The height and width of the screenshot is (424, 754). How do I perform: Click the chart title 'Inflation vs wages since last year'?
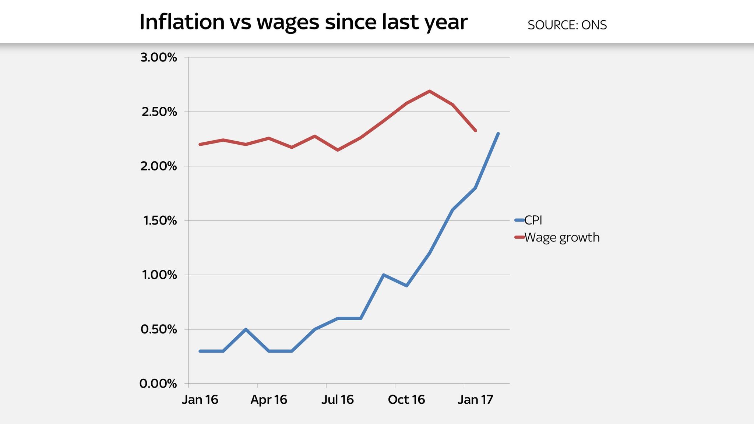[303, 22]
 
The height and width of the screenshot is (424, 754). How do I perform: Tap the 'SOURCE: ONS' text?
[567, 25]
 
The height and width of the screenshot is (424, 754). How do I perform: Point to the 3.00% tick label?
[159, 57]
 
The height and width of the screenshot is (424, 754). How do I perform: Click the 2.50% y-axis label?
[159, 112]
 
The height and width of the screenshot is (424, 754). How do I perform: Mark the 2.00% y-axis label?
[159, 166]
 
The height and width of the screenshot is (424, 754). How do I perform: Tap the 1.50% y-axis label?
[159, 220]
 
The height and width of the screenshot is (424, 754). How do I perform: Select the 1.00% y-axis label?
[159, 275]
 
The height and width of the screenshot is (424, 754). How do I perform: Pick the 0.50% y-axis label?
[159, 329]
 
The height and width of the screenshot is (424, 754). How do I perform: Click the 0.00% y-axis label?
[159, 384]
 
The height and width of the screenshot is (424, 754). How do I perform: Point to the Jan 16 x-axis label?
[200, 400]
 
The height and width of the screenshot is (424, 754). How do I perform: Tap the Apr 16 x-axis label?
[269, 400]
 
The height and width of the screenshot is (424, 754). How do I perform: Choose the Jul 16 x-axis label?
[338, 400]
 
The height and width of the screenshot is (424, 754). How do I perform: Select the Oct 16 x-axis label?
[406, 400]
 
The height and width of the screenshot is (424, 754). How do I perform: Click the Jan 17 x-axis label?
[475, 400]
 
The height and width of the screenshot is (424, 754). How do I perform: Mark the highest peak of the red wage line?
[429, 91]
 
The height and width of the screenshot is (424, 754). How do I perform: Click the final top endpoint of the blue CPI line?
[498, 134]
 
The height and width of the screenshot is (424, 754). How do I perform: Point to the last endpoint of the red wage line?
[476, 131]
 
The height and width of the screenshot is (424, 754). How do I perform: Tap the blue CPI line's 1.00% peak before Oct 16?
[383, 275]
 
